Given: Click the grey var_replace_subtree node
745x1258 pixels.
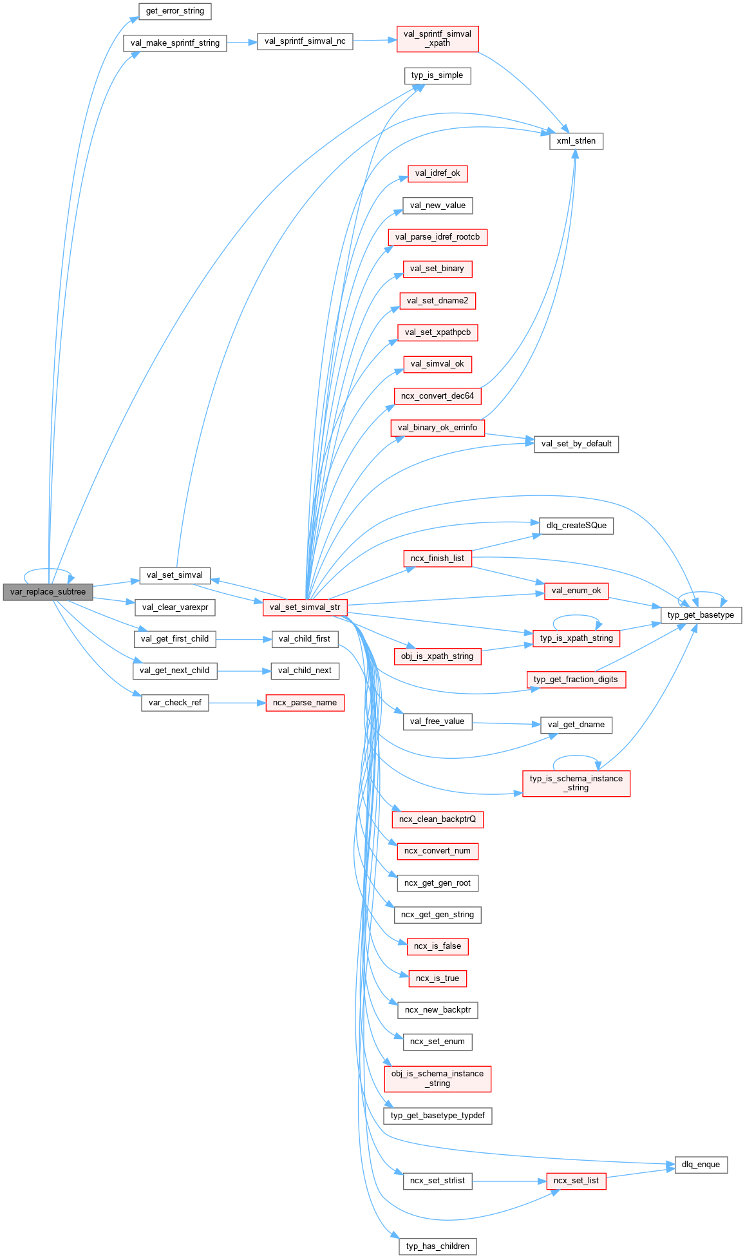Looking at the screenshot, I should pyautogui.click(x=48, y=592).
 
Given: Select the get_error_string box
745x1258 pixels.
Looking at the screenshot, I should pyautogui.click(x=175, y=11).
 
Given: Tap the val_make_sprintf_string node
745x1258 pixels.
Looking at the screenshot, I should pyautogui.click(x=175, y=43).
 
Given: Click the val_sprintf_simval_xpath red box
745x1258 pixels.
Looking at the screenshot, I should pyautogui.click(x=437, y=39).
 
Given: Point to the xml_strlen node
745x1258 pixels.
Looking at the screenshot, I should pyautogui.click(x=576, y=141).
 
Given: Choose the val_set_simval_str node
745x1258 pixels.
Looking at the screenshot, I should pyautogui.click(x=305, y=607).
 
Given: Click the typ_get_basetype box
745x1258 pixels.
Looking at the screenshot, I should pyautogui.click(x=701, y=615).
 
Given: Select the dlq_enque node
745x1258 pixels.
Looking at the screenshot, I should pyautogui.click(x=701, y=1165).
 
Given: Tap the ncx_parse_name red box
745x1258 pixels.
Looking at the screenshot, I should pyautogui.click(x=305, y=703).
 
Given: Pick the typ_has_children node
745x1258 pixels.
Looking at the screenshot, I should pyautogui.click(x=437, y=1246).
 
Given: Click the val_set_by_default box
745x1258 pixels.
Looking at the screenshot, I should pyautogui.click(x=576, y=444).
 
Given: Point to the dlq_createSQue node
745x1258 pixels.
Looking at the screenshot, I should pyautogui.click(x=576, y=526).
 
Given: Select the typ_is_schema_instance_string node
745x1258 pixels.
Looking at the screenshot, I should pyautogui.click(x=576, y=783).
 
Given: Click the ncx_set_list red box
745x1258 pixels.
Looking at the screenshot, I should pyautogui.click(x=576, y=1181).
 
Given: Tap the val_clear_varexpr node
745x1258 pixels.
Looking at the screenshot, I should pyautogui.click(x=175, y=607).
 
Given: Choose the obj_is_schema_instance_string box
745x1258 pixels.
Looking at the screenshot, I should pyautogui.click(x=437, y=1078).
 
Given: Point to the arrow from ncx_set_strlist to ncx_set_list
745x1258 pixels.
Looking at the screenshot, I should pyautogui.click(x=509, y=1181).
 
